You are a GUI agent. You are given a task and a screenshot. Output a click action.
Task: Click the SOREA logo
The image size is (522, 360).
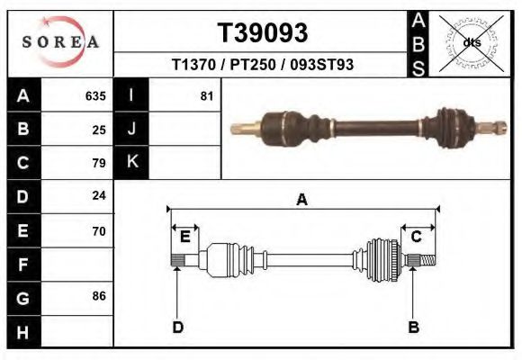(59, 42)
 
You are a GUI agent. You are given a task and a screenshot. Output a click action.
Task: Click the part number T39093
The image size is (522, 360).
(262, 33)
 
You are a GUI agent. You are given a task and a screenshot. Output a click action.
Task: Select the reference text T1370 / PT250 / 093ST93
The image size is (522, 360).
(262, 66)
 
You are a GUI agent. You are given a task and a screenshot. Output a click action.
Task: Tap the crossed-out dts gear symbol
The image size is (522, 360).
(470, 42)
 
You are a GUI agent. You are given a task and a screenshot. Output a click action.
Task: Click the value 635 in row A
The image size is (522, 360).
(95, 95)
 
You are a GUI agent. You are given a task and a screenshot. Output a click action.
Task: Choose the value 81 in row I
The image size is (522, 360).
(206, 95)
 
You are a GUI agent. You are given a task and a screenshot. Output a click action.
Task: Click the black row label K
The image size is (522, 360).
(131, 162)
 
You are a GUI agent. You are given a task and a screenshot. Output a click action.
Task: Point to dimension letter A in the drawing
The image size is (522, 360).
(301, 200)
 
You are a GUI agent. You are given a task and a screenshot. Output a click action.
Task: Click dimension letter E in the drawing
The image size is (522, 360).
(184, 237)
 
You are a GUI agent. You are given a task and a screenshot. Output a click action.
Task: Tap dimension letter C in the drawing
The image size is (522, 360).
(417, 237)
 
